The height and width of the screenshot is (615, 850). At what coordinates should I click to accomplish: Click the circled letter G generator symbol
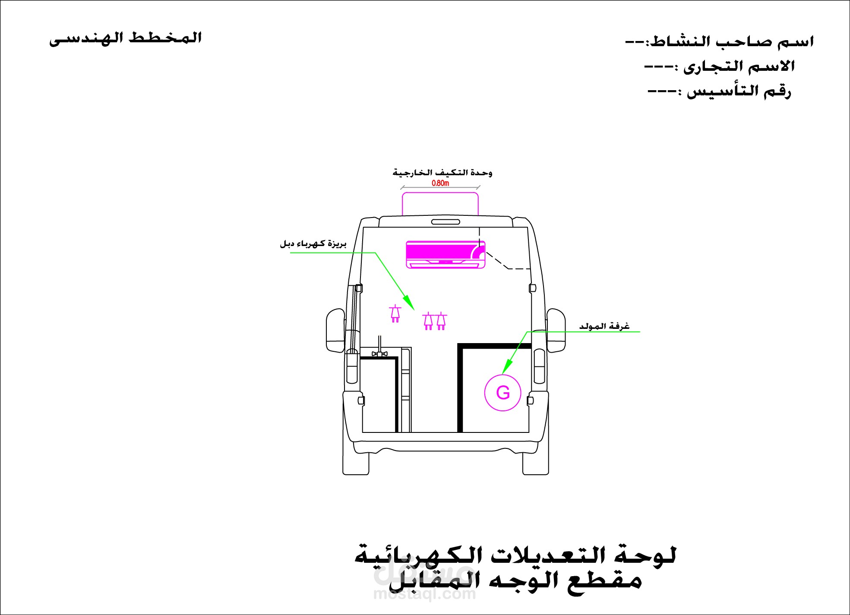pos(503,393)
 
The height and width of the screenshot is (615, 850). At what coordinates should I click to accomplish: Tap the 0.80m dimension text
pos(440,183)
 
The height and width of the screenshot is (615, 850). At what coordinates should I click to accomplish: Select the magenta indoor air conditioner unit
pos(445,255)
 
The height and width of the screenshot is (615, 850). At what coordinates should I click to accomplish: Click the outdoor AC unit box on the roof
pos(440,204)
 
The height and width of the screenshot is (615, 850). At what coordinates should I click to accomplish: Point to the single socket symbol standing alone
pos(395,314)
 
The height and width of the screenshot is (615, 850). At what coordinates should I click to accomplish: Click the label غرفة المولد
pos(604,327)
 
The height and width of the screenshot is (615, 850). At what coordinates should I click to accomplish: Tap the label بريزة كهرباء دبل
pos(313,245)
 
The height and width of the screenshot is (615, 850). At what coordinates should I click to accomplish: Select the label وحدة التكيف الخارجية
pos(442,173)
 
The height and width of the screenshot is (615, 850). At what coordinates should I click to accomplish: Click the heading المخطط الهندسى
pos(125,38)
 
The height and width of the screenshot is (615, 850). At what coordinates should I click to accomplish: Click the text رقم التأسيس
pos(738,91)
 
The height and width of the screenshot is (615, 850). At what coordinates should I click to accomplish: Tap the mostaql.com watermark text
pos(424,595)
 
